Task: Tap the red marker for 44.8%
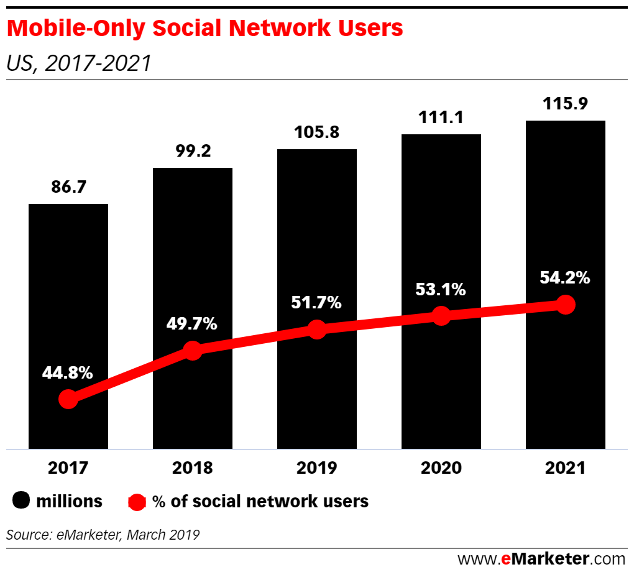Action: (x=68, y=399)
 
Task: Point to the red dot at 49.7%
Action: (x=193, y=351)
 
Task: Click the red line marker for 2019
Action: (x=317, y=330)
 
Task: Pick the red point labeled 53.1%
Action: (x=441, y=315)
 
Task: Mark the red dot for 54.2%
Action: (x=565, y=305)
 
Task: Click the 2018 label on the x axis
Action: (x=193, y=468)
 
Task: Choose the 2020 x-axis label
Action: (x=441, y=468)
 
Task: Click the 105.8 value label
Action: (x=317, y=133)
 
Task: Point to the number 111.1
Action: (x=441, y=117)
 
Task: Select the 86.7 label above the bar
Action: (x=68, y=188)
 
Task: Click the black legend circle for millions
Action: (x=22, y=500)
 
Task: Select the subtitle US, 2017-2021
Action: (x=78, y=63)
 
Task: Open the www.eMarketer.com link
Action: (x=541, y=558)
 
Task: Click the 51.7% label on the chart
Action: (x=317, y=303)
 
